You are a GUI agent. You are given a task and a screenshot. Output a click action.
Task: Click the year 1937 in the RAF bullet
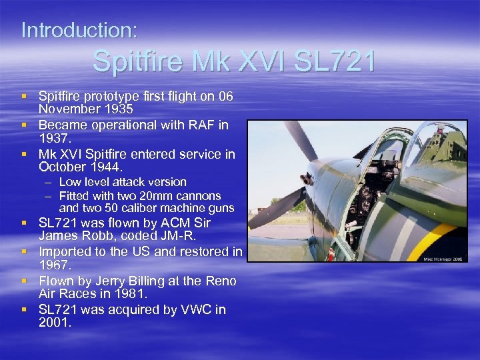coord(54,137)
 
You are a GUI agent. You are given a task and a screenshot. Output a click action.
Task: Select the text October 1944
coord(81,167)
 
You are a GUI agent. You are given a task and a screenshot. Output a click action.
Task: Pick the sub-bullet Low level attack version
coord(123,182)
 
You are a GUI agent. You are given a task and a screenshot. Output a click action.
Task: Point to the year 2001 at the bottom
coord(54,322)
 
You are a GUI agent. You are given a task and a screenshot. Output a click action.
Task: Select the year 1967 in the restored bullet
coord(54,265)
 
